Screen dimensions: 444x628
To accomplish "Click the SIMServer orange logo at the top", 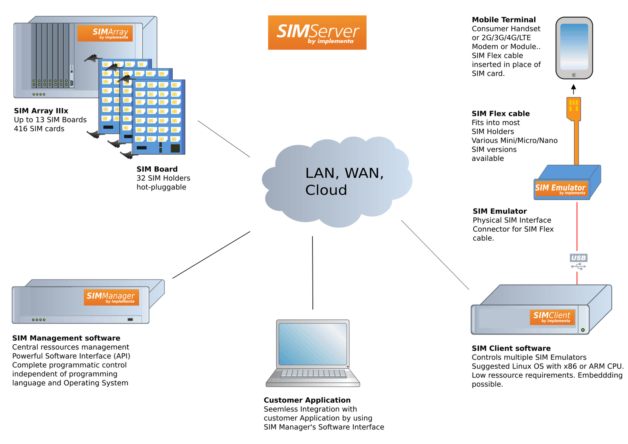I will tap(317, 33).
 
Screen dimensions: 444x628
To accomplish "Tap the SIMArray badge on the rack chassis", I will tap(105, 33).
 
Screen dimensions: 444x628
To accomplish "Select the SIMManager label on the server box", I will tap(111, 297).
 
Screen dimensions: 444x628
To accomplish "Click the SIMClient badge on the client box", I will tap(552, 317).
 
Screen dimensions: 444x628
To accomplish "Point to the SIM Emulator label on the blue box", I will tap(561, 188).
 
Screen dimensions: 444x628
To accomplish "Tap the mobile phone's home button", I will tap(574, 75).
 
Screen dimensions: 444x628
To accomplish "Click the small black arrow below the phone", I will tap(573, 89).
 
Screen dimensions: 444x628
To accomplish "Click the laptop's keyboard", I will tap(313, 373).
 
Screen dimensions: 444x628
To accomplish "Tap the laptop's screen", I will tap(313, 344).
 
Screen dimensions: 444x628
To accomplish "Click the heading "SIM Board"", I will tap(157, 169).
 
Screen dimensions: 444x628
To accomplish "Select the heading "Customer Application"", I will tap(307, 400).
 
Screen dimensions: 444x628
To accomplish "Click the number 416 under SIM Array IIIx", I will tap(21, 129).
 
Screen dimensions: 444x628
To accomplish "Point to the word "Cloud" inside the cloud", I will tap(326, 190).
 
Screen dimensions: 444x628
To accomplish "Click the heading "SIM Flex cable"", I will tap(500, 113).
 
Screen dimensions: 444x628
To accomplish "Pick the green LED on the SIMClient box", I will tap(583, 330).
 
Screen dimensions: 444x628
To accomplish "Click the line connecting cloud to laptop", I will tap(312, 273).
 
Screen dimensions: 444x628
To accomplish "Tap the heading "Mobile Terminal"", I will tap(504, 20).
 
